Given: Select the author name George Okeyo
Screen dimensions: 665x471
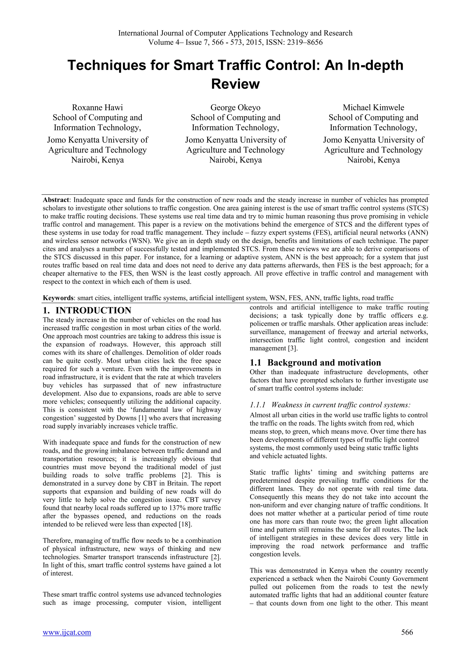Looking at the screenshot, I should click(x=235, y=107).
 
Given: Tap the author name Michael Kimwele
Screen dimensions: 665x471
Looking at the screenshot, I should click(x=373, y=107).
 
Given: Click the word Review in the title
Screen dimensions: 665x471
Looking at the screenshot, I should click(x=235, y=84).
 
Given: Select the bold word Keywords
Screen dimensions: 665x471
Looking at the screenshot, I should click(x=58, y=298).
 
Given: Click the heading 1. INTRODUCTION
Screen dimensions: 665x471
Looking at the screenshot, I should click(x=87, y=310).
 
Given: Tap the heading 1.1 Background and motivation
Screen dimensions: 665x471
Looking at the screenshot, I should click(x=315, y=363).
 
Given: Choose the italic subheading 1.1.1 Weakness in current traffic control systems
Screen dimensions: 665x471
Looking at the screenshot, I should click(x=330, y=405).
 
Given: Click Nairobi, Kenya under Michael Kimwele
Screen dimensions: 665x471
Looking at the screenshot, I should click(x=373, y=160).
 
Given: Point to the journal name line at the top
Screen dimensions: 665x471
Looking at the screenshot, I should click(x=235, y=33).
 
